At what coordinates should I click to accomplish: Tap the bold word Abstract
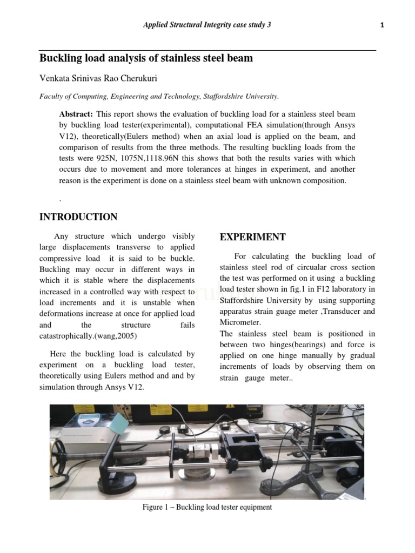pos(76,114)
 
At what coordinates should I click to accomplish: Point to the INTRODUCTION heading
pos(78,217)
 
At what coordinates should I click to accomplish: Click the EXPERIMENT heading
pos(253,237)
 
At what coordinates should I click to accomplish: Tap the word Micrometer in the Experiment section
pos(239,322)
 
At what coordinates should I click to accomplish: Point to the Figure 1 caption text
pos(207,508)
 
